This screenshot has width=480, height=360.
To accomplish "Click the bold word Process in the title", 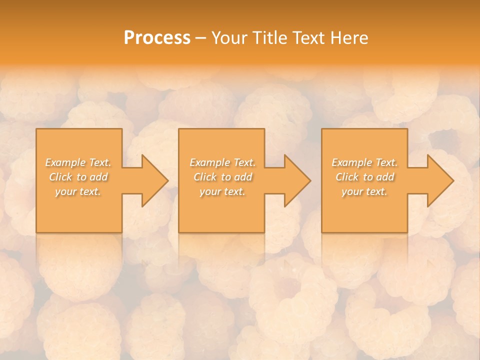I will pyautogui.click(x=157, y=38).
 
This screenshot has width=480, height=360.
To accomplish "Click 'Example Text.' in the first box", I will pyautogui.click(x=78, y=162).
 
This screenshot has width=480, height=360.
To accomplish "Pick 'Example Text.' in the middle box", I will pyautogui.click(x=222, y=162).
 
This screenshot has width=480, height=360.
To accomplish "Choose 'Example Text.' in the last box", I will pyautogui.click(x=364, y=162).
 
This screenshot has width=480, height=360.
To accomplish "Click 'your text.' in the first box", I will pyautogui.click(x=78, y=191).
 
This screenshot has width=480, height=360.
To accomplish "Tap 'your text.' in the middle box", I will pyautogui.click(x=222, y=191).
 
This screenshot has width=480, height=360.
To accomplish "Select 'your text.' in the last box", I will pyautogui.click(x=364, y=191).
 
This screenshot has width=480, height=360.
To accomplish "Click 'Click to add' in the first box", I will pyautogui.click(x=78, y=177).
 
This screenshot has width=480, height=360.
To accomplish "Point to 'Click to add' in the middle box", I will pyautogui.click(x=222, y=177).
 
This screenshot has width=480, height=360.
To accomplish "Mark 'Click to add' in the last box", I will pyautogui.click(x=364, y=177).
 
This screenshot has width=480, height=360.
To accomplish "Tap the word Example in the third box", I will pyautogui.click(x=352, y=162).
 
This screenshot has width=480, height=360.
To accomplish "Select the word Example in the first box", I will pyautogui.click(x=65, y=162).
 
